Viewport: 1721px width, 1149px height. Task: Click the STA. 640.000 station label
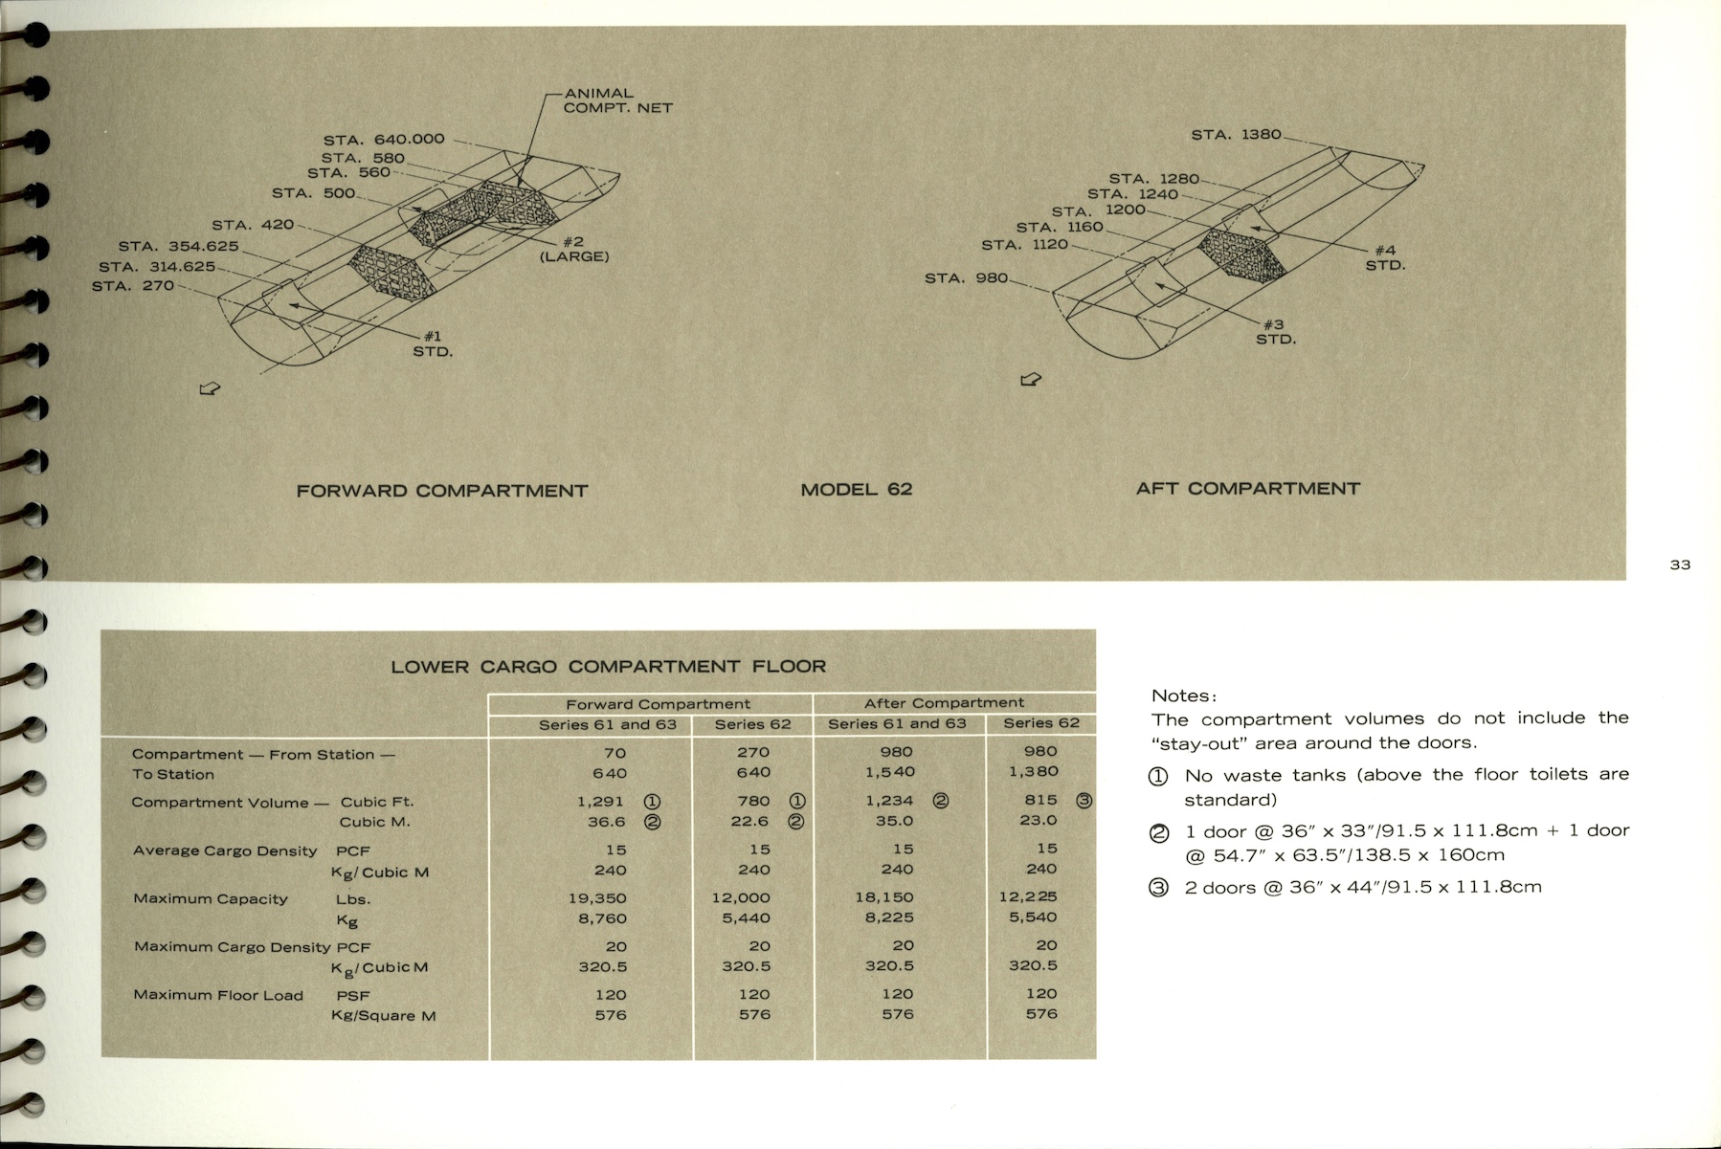coord(384,139)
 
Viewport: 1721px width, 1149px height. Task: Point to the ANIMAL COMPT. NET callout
coord(617,100)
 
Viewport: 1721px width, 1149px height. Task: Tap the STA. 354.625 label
coord(178,246)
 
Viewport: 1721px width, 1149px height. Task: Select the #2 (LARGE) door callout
coord(574,249)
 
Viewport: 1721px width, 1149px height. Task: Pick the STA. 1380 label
coord(1236,135)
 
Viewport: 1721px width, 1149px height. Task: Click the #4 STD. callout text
coord(1385,257)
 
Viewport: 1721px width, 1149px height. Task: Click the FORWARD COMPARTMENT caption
coord(442,491)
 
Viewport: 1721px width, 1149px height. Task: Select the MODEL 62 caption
coord(857,490)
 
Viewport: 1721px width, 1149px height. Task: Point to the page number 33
coord(1680,564)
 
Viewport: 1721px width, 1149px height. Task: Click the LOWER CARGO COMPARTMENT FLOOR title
coord(608,666)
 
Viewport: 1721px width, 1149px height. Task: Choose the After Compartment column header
coord(944,703)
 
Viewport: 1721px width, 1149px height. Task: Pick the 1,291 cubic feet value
coord(600,801)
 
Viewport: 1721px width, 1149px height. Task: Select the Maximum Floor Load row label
coord(218,995)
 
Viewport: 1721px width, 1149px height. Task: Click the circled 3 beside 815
coord(1084,801)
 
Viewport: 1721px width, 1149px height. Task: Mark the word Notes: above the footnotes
coord(1184,696)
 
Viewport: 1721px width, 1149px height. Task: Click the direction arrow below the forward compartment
coord(209,387)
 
